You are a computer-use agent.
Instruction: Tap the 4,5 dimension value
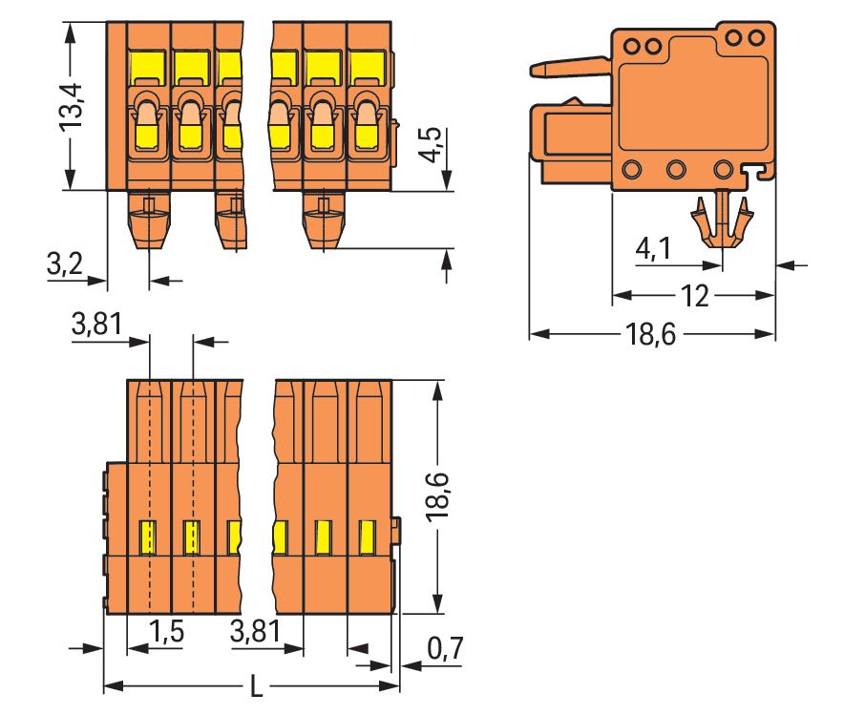click(431, 144)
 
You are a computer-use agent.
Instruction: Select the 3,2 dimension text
click(65, 263)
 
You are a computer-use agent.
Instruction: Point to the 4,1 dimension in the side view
click(653, 248)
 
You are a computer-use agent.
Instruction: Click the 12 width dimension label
click(694, 296)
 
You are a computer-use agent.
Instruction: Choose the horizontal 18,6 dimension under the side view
click(651, 335)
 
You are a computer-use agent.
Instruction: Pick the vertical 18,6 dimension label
click(437, 496)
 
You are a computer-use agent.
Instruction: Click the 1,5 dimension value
click(166, 631)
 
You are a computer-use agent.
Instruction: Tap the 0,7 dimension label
click(445, 648)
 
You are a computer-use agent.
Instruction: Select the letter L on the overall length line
click(257, 686)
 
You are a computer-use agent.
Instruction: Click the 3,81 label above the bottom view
click(96, 324)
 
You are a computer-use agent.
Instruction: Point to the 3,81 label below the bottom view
click(255, 631)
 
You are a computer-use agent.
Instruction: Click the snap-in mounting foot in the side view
click(721, 221)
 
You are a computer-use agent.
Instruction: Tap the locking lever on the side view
click(571, 67)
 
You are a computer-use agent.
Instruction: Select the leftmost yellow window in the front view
click(147, 66)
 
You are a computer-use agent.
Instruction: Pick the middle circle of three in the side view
click(676, 170)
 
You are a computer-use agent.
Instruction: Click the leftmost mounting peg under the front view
click(149, 220)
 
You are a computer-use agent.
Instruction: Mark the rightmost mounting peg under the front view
click(324, 220)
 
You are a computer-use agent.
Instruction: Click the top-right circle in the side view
click(756, 38)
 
